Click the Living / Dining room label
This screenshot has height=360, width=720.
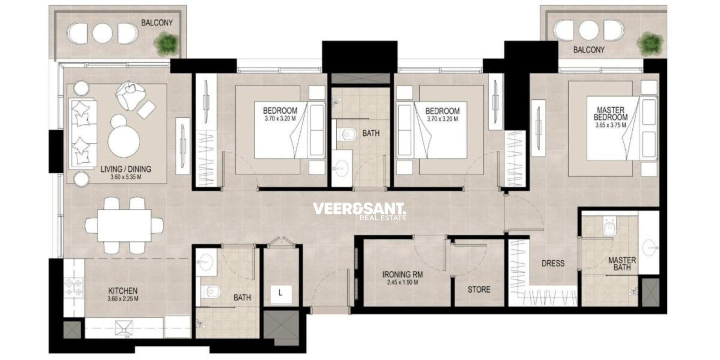(126, 169)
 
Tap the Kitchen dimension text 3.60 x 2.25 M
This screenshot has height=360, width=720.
(123, 299)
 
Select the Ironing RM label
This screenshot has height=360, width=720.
(402, 274)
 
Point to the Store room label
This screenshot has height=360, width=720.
(479, 289)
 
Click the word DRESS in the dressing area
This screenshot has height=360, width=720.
(553, 263)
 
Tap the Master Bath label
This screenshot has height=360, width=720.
(622, 264)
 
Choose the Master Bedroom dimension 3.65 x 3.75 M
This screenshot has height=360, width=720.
(610, 125)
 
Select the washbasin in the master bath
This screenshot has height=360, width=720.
(649, 247)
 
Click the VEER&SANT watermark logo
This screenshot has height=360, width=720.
(360, 211)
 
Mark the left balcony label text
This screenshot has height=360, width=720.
(157, 22)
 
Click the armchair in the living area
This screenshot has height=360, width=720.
(130, 94)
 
